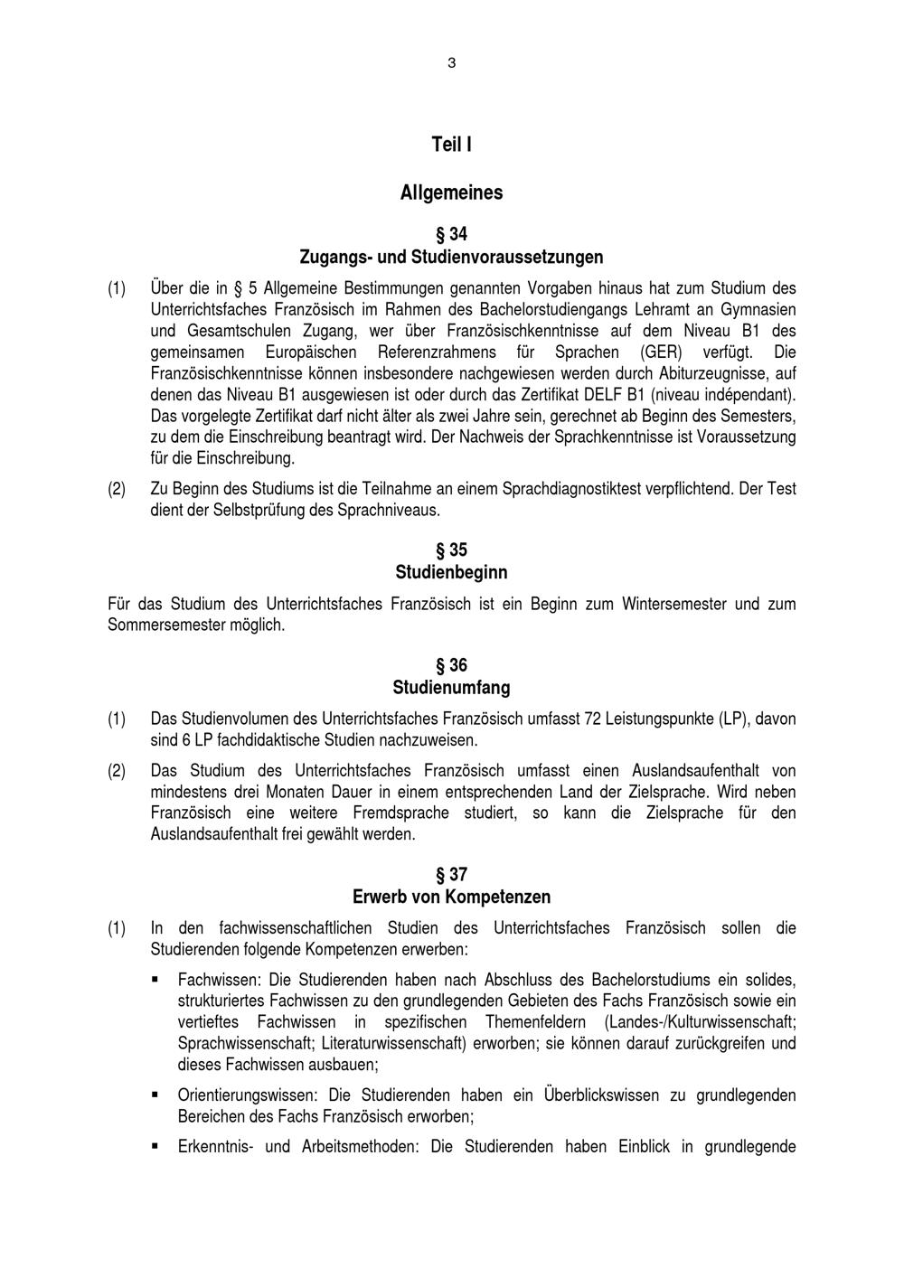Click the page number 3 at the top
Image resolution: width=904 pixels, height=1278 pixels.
451,63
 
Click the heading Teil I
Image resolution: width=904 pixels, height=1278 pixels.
451,145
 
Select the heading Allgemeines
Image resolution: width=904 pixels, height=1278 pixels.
451,193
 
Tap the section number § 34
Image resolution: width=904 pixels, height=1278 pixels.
451,234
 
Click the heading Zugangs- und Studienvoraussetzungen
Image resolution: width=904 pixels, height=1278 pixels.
451,258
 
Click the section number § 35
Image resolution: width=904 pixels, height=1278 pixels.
451,550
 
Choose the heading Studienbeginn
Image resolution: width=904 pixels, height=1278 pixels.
451,573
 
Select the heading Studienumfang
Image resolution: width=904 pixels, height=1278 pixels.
451,688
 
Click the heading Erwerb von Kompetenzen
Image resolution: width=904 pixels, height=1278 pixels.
451,897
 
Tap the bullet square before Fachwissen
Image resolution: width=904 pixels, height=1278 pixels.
156,979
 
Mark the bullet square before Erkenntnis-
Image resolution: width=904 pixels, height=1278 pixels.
156,1147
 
